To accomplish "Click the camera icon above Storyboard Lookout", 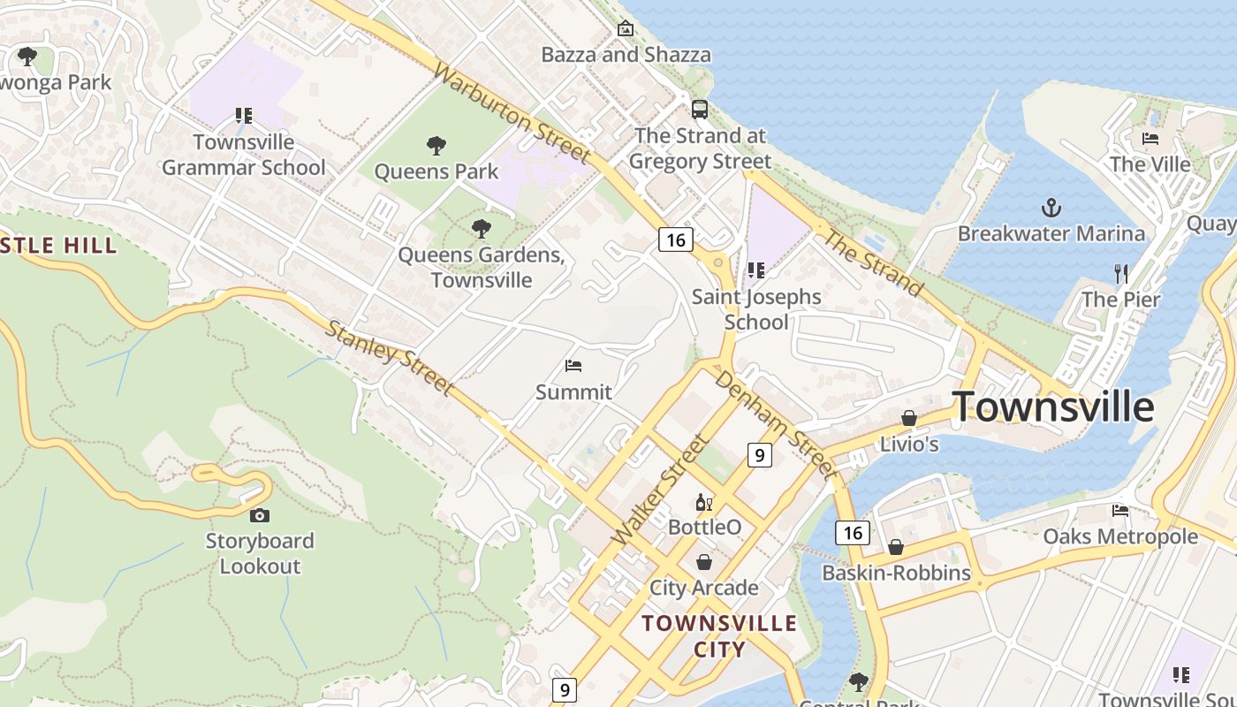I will (x=259, y=515).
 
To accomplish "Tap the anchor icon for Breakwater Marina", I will (x=1051, y=209).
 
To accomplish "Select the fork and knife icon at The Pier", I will (x=1121, y=274).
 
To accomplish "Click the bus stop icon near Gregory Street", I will (x=699, y=110).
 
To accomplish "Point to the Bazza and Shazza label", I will (x=626, y=55).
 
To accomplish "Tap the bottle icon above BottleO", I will (x=703, y=503).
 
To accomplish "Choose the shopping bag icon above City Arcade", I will (x=704, y=562).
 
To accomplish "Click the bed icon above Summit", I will (x=573, y=366).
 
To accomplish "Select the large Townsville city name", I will (x=1053, y=407).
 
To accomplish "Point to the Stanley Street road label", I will (x=390, y=358).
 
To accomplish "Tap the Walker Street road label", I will (x=660, y=490).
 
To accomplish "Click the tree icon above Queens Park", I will (x=436, y=146).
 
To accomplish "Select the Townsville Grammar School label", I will (x=244, y=155).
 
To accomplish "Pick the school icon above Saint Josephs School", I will (x=755, y=270).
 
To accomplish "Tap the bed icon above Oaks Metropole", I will (x=1120, y=511).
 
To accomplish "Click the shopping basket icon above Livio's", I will (x=908, y=418).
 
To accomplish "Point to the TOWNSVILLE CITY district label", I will (x=719, y=636).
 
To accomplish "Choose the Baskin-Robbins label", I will (x=896, y=573).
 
